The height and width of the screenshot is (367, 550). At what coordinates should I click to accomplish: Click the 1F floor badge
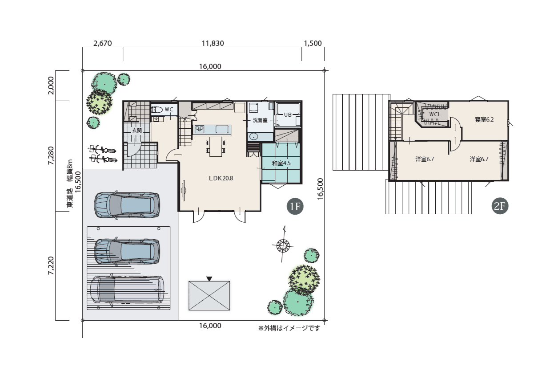click(x=295, y=206)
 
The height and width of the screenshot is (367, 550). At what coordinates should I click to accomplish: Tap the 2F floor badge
click(x=500, y=206)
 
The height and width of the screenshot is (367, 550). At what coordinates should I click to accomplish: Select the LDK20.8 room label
click(x=221, y=178)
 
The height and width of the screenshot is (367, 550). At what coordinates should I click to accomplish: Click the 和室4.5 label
click(x=281, y=163)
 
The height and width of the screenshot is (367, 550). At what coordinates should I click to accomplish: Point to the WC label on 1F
click(x=169, y=110)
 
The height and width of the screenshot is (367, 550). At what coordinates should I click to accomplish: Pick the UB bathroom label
click(x=288, y=114)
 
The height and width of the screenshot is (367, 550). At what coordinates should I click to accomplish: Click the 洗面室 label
click(x=260, y=120)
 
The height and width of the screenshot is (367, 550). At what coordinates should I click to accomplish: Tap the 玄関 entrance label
click(x=137, y=130)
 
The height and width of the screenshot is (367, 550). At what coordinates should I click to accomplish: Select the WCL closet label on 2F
click(x=435, y=114)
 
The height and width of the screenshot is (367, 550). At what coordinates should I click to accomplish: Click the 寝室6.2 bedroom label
click(x=484, y=119)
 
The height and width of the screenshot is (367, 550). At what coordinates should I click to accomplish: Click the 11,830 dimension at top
click(x=213, y=43)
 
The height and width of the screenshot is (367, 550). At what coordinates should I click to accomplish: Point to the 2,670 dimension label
click(x=103, y=43)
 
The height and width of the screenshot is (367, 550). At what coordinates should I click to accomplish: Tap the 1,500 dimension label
click(x=313, y=43)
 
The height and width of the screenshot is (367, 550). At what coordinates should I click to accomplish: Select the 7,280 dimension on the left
click(x=51, y=155)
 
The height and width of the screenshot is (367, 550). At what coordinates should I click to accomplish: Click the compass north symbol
click(x=283, y=245)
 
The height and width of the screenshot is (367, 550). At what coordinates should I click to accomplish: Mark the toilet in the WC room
click(x=157, y=110)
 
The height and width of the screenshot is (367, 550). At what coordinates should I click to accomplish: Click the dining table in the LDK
click(x=216, y=147)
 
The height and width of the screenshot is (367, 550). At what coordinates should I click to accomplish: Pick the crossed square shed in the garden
click(x=209, y=296)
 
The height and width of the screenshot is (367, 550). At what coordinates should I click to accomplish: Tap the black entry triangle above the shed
click(x=209, y=279)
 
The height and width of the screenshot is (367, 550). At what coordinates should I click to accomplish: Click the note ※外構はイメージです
click(x=289, y=328)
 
